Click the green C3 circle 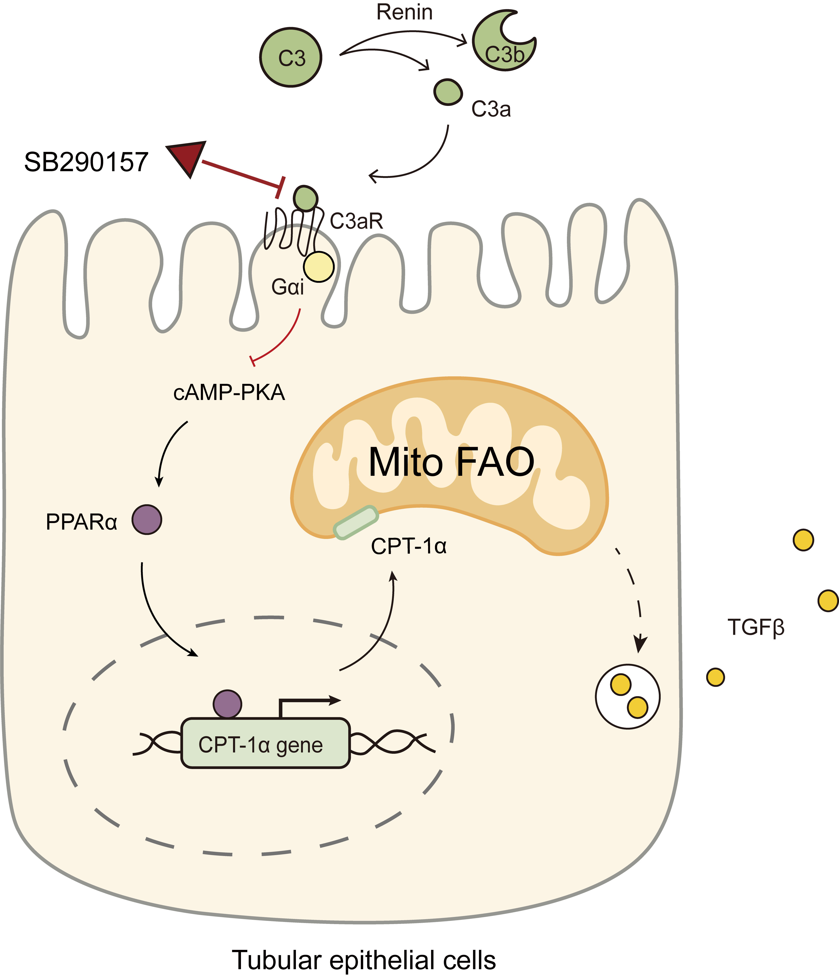click(291, 57)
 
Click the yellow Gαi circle click(319, 267)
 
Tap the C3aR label click(356, 221)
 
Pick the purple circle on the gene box click(227, 703)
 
